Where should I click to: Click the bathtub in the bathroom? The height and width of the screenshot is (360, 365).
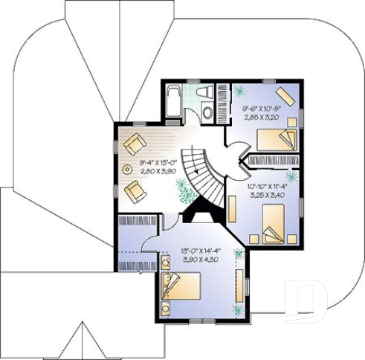coord(172,102)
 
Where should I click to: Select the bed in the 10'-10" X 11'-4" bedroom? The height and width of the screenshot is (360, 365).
coord(274,223)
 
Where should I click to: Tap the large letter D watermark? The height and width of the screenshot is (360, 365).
coord(306,301)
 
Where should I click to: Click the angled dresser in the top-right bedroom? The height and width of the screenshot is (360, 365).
coord(285,96)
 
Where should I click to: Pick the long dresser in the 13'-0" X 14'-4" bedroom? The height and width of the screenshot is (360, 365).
coord(239,286)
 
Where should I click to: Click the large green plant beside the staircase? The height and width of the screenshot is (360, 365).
coord(184,192)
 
